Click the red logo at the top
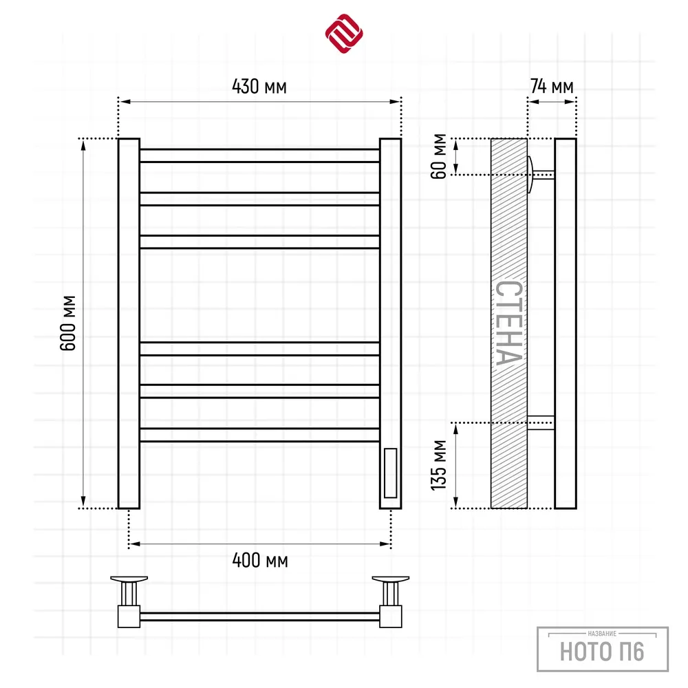coord(344,33)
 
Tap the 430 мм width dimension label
coord(259,87)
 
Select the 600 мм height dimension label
coord(68,323)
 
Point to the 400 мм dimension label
coord(260,560)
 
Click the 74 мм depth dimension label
coord(552,87)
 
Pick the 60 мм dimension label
coord(439,156)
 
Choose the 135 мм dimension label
coord(439,464)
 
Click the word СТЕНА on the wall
coord(509,323)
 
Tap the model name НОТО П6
coord(602,651)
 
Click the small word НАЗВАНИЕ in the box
coord(602,633)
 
